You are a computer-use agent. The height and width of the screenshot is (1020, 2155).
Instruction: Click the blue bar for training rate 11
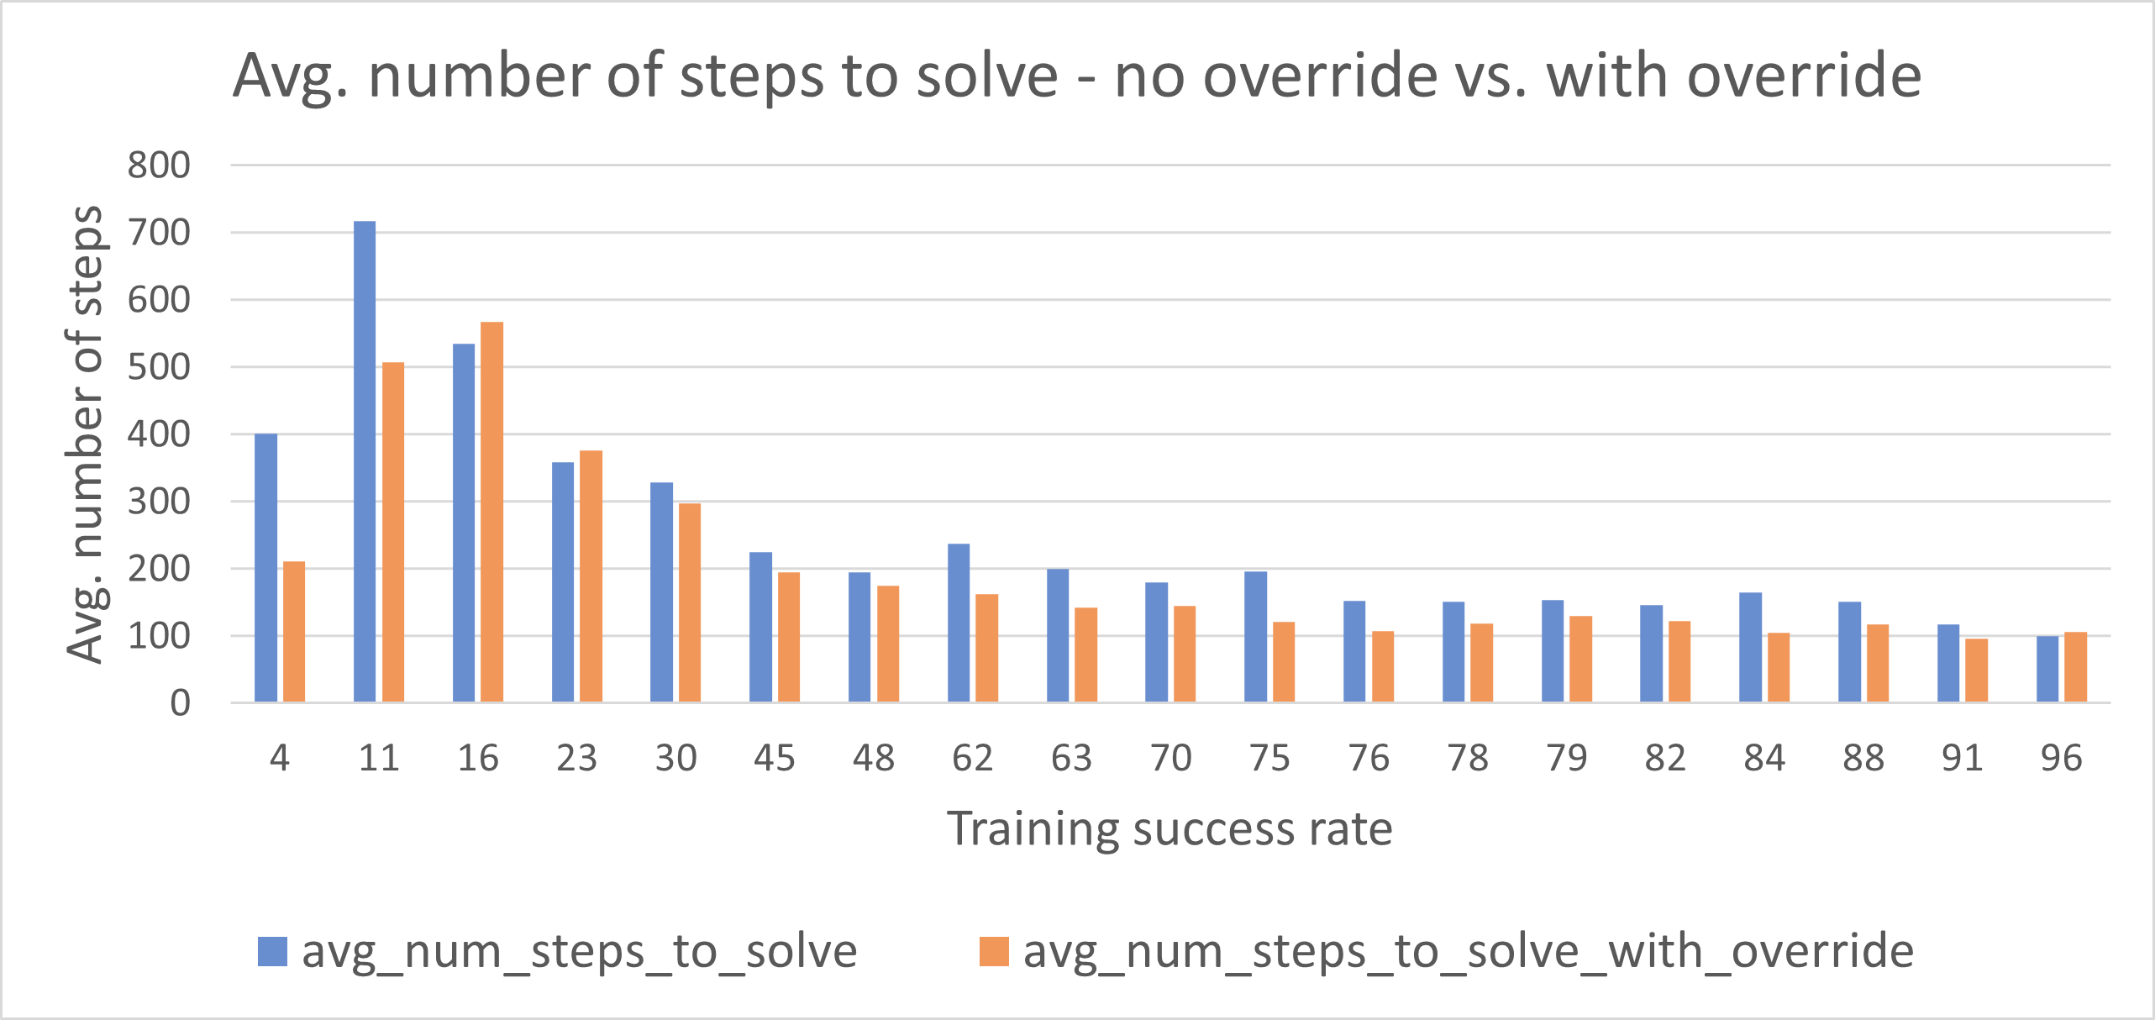click(365, 462)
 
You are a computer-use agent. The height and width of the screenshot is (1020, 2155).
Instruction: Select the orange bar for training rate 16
click(491, 513)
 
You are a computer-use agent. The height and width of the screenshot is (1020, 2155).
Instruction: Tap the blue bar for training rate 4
click(265, 568)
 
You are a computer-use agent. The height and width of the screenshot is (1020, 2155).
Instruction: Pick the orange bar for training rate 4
click(294, 632)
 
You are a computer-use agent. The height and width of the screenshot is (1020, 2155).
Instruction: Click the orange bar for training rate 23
click(591, 576)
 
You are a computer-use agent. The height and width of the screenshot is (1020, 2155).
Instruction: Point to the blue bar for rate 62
click(959, 623)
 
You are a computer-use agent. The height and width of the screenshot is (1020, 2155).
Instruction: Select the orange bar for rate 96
click(2075, 667)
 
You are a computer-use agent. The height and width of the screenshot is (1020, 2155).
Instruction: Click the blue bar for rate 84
click(1750, 647)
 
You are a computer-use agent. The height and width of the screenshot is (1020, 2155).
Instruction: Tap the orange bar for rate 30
click(690, 602)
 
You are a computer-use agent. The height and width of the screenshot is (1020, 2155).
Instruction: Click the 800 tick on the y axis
click(159, 166)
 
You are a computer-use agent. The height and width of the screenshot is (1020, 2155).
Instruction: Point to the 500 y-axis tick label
click(159, 367)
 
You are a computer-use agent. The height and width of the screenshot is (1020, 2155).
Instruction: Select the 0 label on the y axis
click(180, 703)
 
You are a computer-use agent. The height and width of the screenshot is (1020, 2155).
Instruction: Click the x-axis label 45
click(774, 759)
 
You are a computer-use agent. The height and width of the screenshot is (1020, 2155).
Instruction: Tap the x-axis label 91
click(1962, 759)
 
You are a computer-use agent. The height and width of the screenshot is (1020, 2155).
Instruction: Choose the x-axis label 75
click(1269, 759)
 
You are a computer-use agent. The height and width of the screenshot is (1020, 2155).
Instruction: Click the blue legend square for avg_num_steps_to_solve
click(272, 952)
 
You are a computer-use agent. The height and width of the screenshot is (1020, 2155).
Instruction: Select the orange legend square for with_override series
click(994, 952)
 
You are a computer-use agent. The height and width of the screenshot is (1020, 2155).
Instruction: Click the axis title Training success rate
click(1169, 829)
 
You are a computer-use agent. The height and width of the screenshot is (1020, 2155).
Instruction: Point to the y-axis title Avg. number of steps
click(85, 434)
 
